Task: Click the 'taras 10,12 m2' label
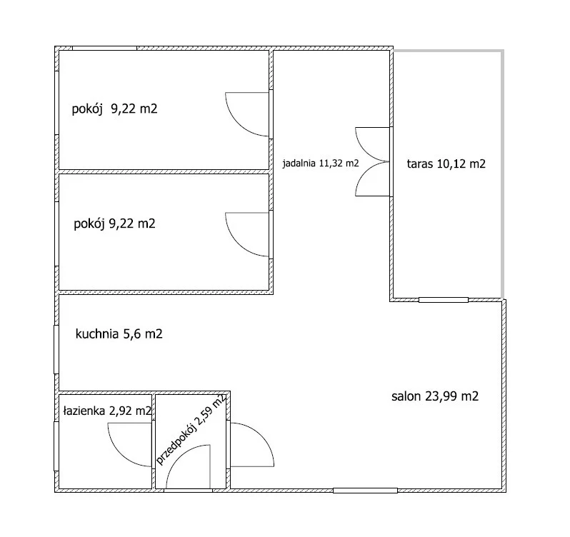click(x=446, y=164)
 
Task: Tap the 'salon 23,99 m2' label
click(x=435, y=396)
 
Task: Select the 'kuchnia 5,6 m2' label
click(x=119, y=333)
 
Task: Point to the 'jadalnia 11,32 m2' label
click(x=321, y=163)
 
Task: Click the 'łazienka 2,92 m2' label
click(x=107, y=411)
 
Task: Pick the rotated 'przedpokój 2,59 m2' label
click(x=191, y=429)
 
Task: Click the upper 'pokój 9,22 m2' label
click(x=114, y=109)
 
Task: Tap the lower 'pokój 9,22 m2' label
click(x=114, y=223)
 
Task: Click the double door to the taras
click(x=372, y=161)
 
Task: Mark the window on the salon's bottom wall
click(x=365, y=491)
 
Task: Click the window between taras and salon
click(x=444, y=300)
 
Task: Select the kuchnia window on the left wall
click(x=56, y=349)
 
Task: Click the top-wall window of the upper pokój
click(x=105, y=49)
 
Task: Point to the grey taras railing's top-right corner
click(x=503, y=51)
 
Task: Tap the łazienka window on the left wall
click(x=56, y=446)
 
